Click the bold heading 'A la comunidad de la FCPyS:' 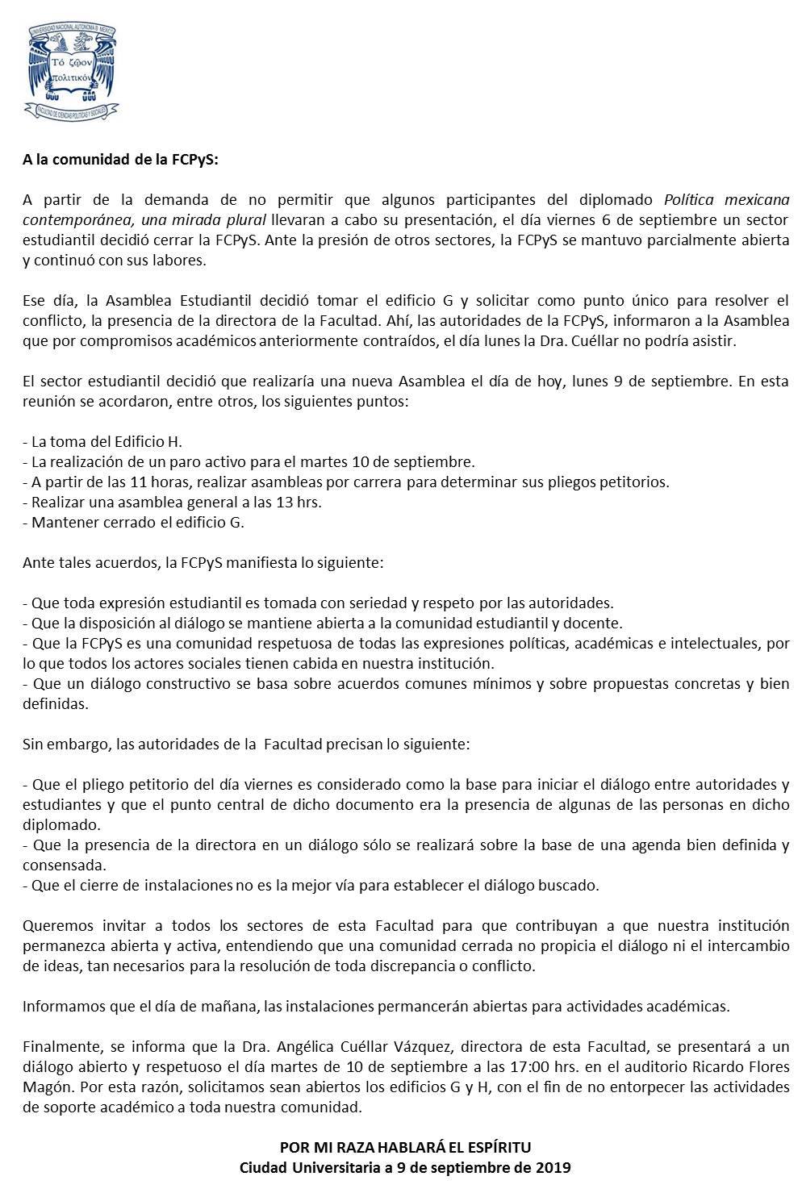pos(120,159)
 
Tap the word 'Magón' pos(45,1087)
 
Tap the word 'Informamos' pos(59,1007)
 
